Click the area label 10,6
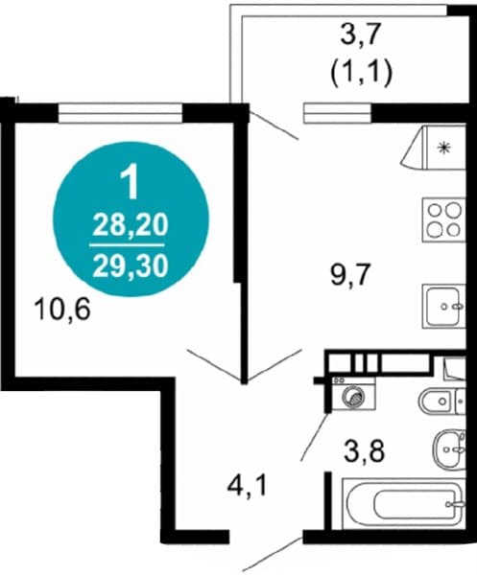coord(61,310)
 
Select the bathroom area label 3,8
coord(364,451)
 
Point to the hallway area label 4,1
coord(247,486)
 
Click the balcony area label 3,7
coord(361,34)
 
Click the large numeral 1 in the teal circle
coord(131,181)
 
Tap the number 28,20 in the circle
coord(131,225)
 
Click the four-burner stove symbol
coord(444,219)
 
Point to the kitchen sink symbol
coord(444,307)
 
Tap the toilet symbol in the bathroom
coord(442,402)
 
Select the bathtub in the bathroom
coord(403,504)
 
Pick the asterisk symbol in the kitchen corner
coord(444,148)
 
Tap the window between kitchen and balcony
coord(337,112)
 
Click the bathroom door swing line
coord(315,436)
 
